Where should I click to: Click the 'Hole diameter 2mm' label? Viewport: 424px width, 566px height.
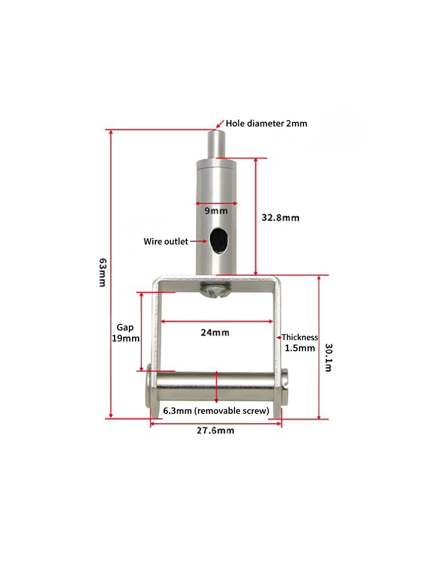tap(266, 123)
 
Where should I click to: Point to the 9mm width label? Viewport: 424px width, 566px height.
tap(216, 211)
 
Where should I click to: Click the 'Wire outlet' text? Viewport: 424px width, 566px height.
tap(166, 241)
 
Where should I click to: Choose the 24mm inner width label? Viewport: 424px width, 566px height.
tap(215, 332)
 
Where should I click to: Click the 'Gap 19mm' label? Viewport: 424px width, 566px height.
tap(126, 333)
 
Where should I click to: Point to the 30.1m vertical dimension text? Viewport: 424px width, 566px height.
tap(328, 357)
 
